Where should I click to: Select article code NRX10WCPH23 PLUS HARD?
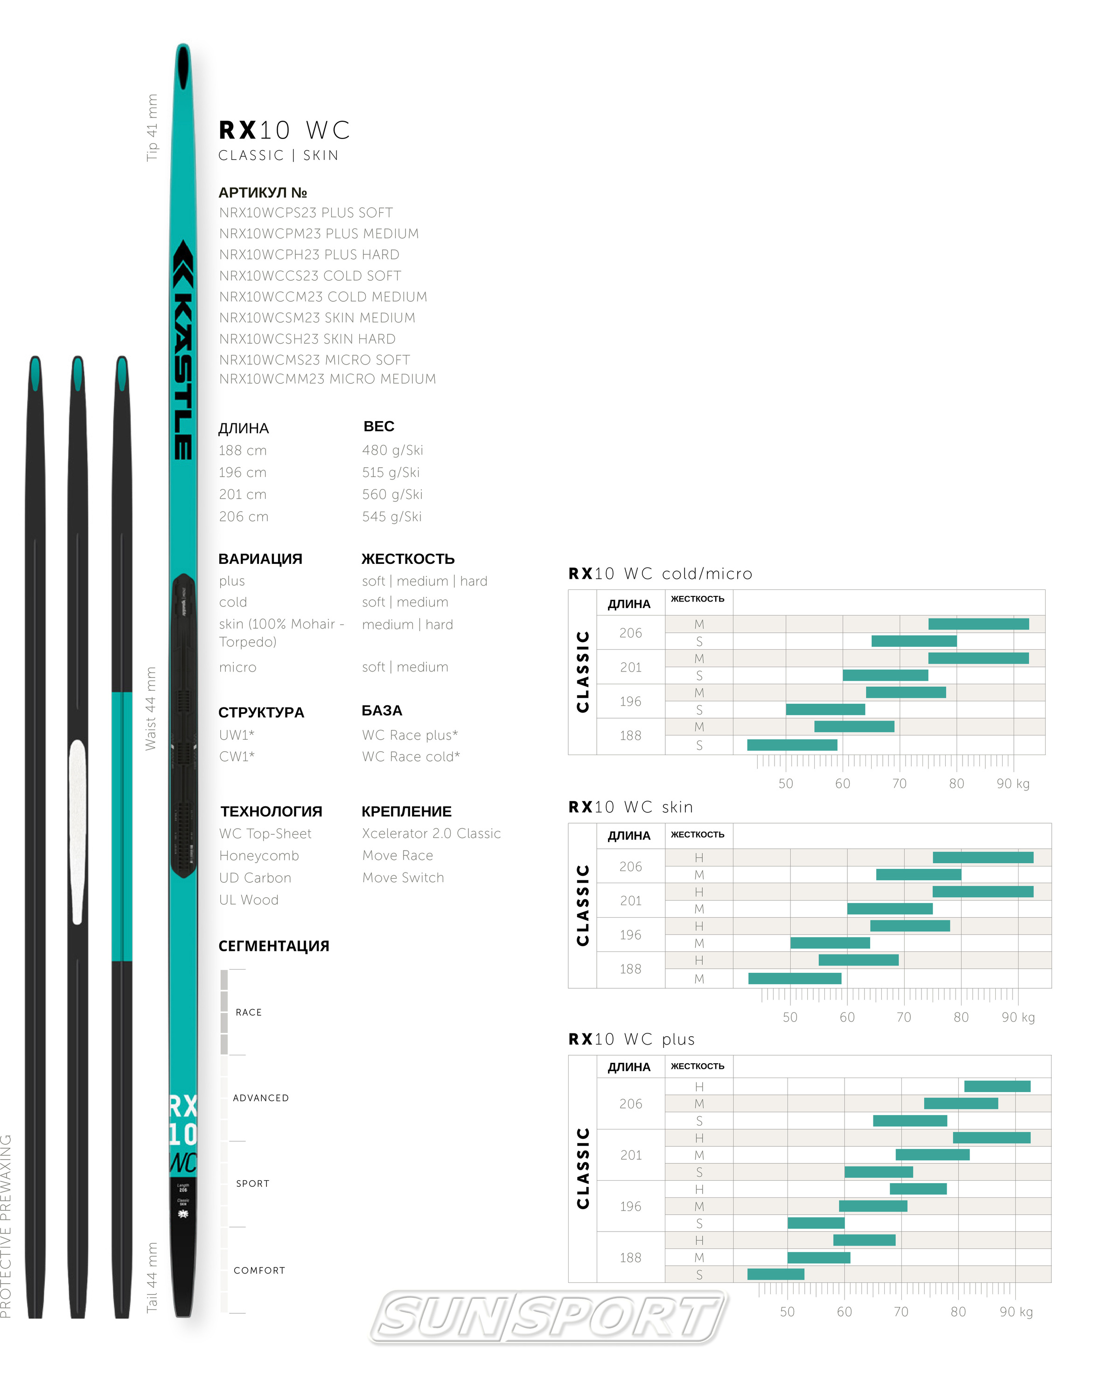coord(309,255)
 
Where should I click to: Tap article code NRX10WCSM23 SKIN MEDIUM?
coord(317,318)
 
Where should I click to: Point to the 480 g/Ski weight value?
coord(392,450)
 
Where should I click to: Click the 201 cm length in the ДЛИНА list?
coord(243,495)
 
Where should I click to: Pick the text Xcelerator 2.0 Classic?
coord(431,833)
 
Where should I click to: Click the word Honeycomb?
coord(258,856)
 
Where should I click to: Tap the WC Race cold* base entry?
coord(411,756)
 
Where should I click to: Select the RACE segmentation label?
coord(248,1012)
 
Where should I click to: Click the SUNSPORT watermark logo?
coord(549,1316)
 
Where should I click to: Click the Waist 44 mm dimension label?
coord(150,708)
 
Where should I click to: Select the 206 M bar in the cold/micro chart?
coord(978,623)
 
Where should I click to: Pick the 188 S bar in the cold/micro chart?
coord(792,745)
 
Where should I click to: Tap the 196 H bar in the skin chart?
coord(909,926)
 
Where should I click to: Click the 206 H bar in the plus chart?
coord(997,1086)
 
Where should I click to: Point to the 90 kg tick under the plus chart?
coord(1016,1312)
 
